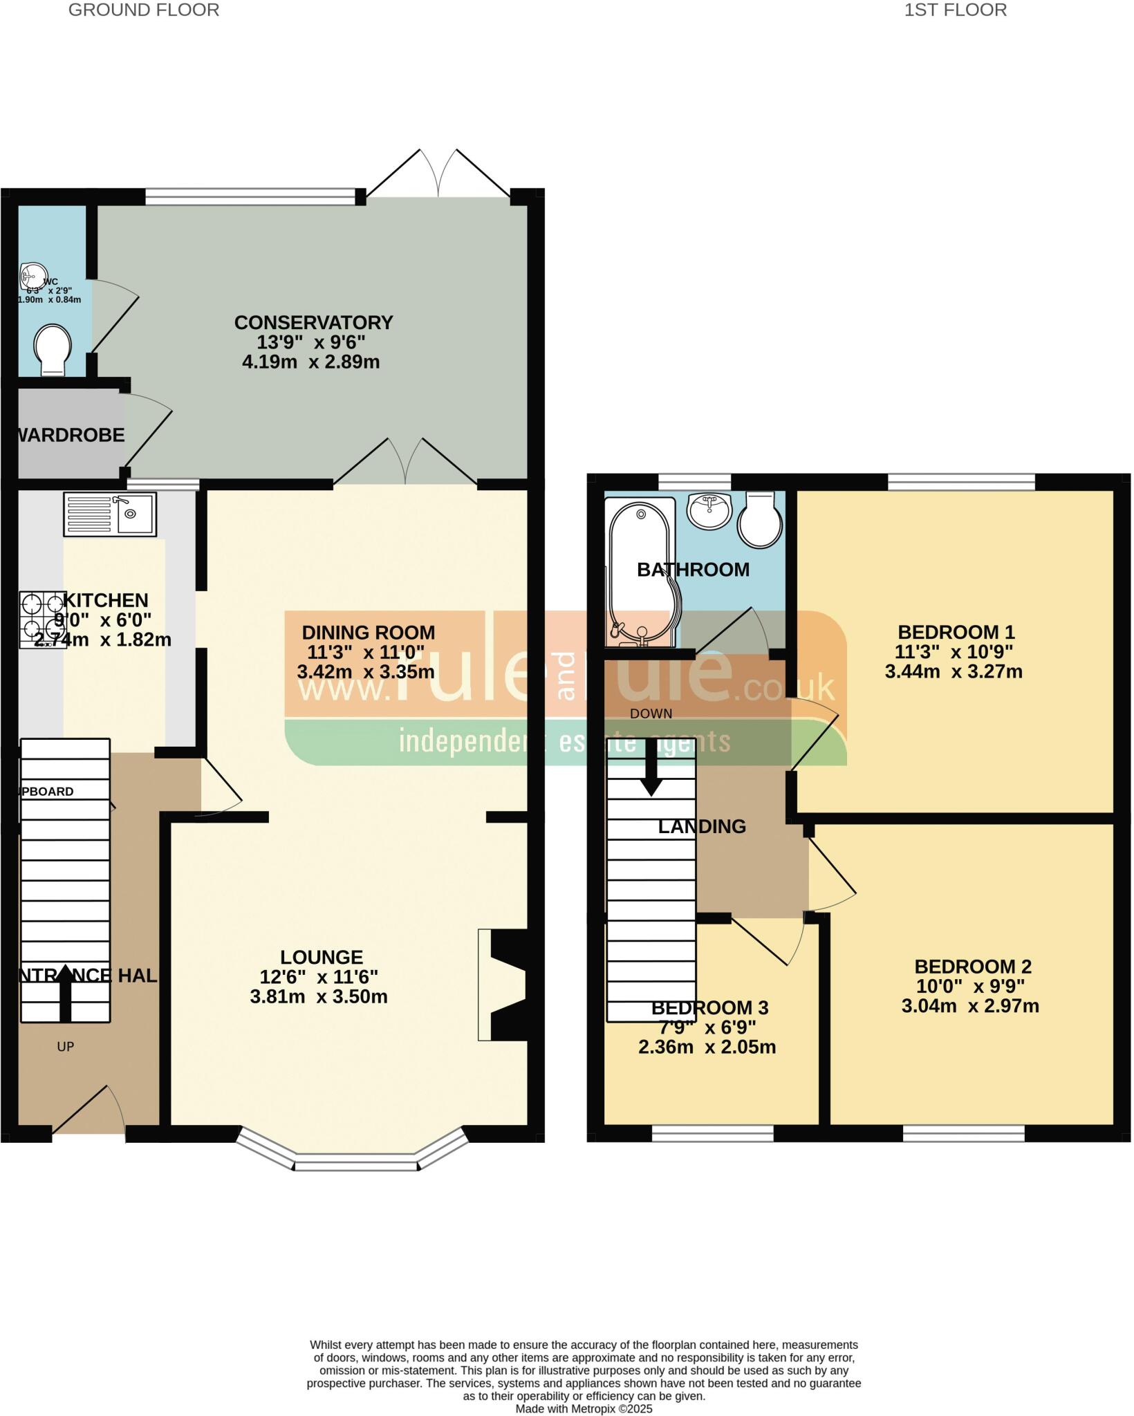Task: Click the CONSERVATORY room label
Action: point(313,323)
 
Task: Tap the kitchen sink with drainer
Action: point(110,514)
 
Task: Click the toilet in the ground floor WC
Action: point(53,349)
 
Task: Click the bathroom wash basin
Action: point(709,510)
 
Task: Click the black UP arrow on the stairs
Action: point(65,994)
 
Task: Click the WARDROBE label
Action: point(71,435)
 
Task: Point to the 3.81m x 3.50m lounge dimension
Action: point(319,996)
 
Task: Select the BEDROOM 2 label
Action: point(972,966)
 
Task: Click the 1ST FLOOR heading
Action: point(955,10)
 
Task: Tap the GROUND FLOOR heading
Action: point(144,10)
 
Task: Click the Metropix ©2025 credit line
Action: point(584,1408)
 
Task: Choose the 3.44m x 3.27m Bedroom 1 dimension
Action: point(954,671)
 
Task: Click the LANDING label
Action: point(701,826)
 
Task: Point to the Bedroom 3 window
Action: point(712,1133)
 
